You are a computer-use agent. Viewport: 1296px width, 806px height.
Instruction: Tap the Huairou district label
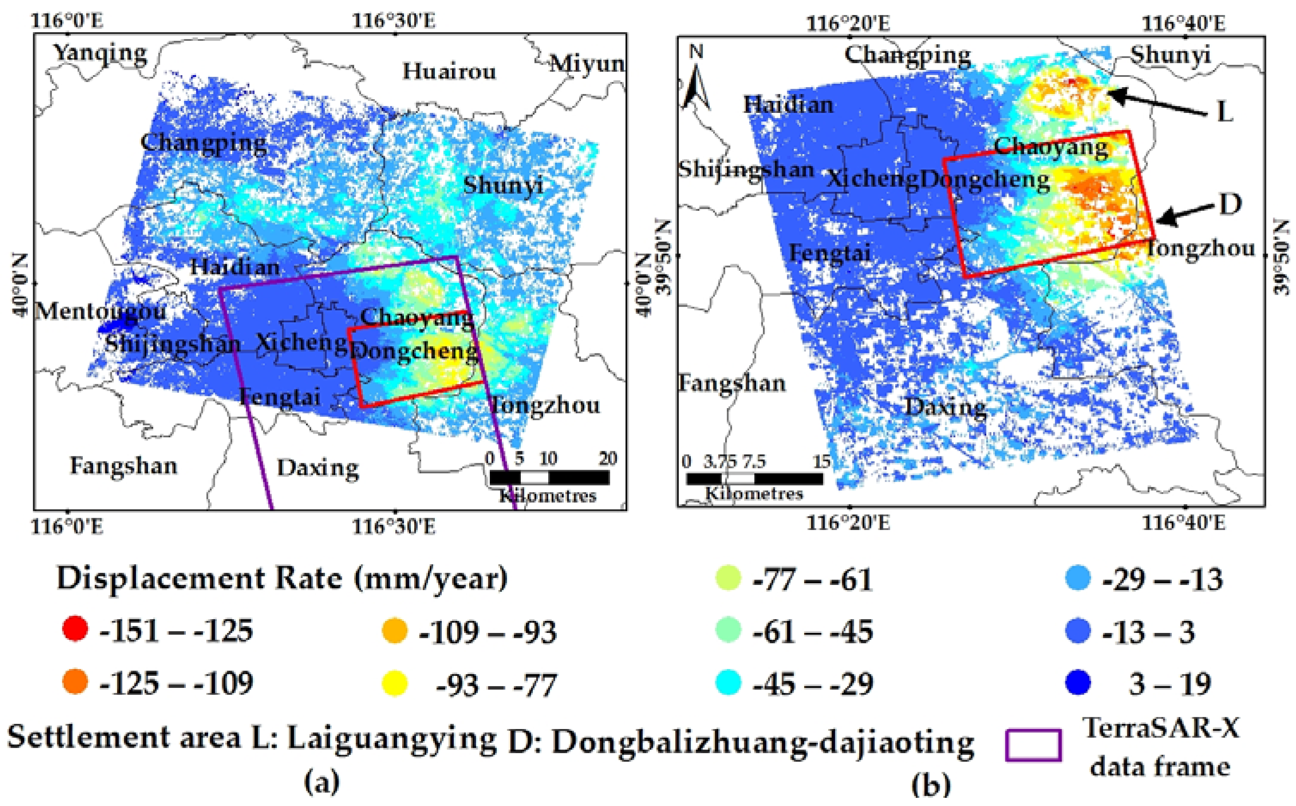(449, 71)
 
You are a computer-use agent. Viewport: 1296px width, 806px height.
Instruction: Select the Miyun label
(587, 64)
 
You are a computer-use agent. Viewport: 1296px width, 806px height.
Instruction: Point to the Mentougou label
(100, 311)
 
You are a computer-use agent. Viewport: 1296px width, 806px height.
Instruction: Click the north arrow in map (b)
(696, 80)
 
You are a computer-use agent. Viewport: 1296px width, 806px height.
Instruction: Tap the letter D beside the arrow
(1230, 204)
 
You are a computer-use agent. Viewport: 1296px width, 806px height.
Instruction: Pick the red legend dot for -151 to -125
(75, 629)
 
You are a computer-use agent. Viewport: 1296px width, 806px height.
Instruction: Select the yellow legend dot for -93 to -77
(395, 683)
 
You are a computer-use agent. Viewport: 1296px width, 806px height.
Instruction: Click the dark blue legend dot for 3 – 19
(1077, 683)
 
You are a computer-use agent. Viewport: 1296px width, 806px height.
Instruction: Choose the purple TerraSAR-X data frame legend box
(1033, 745)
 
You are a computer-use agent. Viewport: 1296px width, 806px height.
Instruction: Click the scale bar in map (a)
(549, 477)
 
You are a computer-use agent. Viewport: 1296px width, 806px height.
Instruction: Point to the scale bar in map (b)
(754, 478)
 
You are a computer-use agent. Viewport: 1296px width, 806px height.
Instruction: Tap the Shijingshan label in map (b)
(746, 170)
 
